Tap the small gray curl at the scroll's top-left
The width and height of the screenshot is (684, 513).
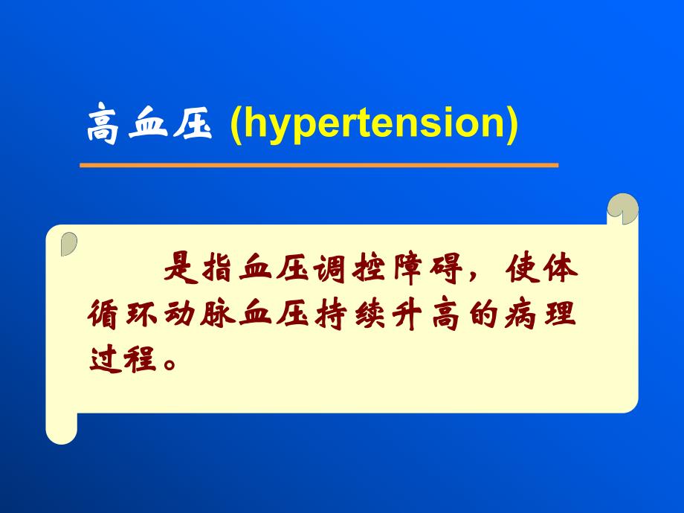[x=68, y=244]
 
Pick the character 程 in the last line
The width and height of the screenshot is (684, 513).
[x=142, y=358]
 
